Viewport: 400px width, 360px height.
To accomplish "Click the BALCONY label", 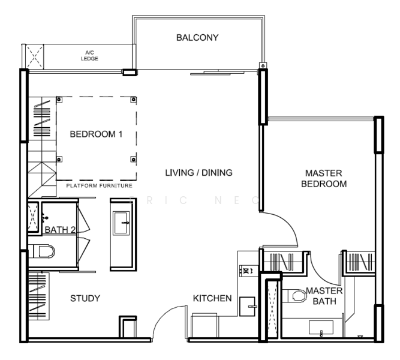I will [197, 38].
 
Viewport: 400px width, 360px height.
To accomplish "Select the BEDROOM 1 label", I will [96, 134].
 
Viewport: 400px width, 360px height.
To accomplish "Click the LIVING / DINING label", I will [199, 173].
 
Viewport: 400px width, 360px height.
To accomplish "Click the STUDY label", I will [85, 298].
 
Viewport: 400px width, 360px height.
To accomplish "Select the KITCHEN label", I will [212, 298].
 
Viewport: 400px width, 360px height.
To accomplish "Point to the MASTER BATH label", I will [324, 295].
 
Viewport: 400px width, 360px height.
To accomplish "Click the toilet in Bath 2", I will [42, 251].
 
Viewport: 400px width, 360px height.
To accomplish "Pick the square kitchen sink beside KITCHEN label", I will [248, 306].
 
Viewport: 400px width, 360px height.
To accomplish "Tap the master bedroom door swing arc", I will [287, 231].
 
